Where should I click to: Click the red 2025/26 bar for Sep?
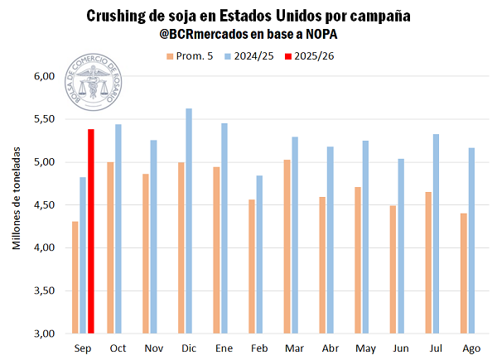90,231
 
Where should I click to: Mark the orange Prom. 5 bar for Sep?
75,277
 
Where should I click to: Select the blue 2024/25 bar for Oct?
118,228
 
